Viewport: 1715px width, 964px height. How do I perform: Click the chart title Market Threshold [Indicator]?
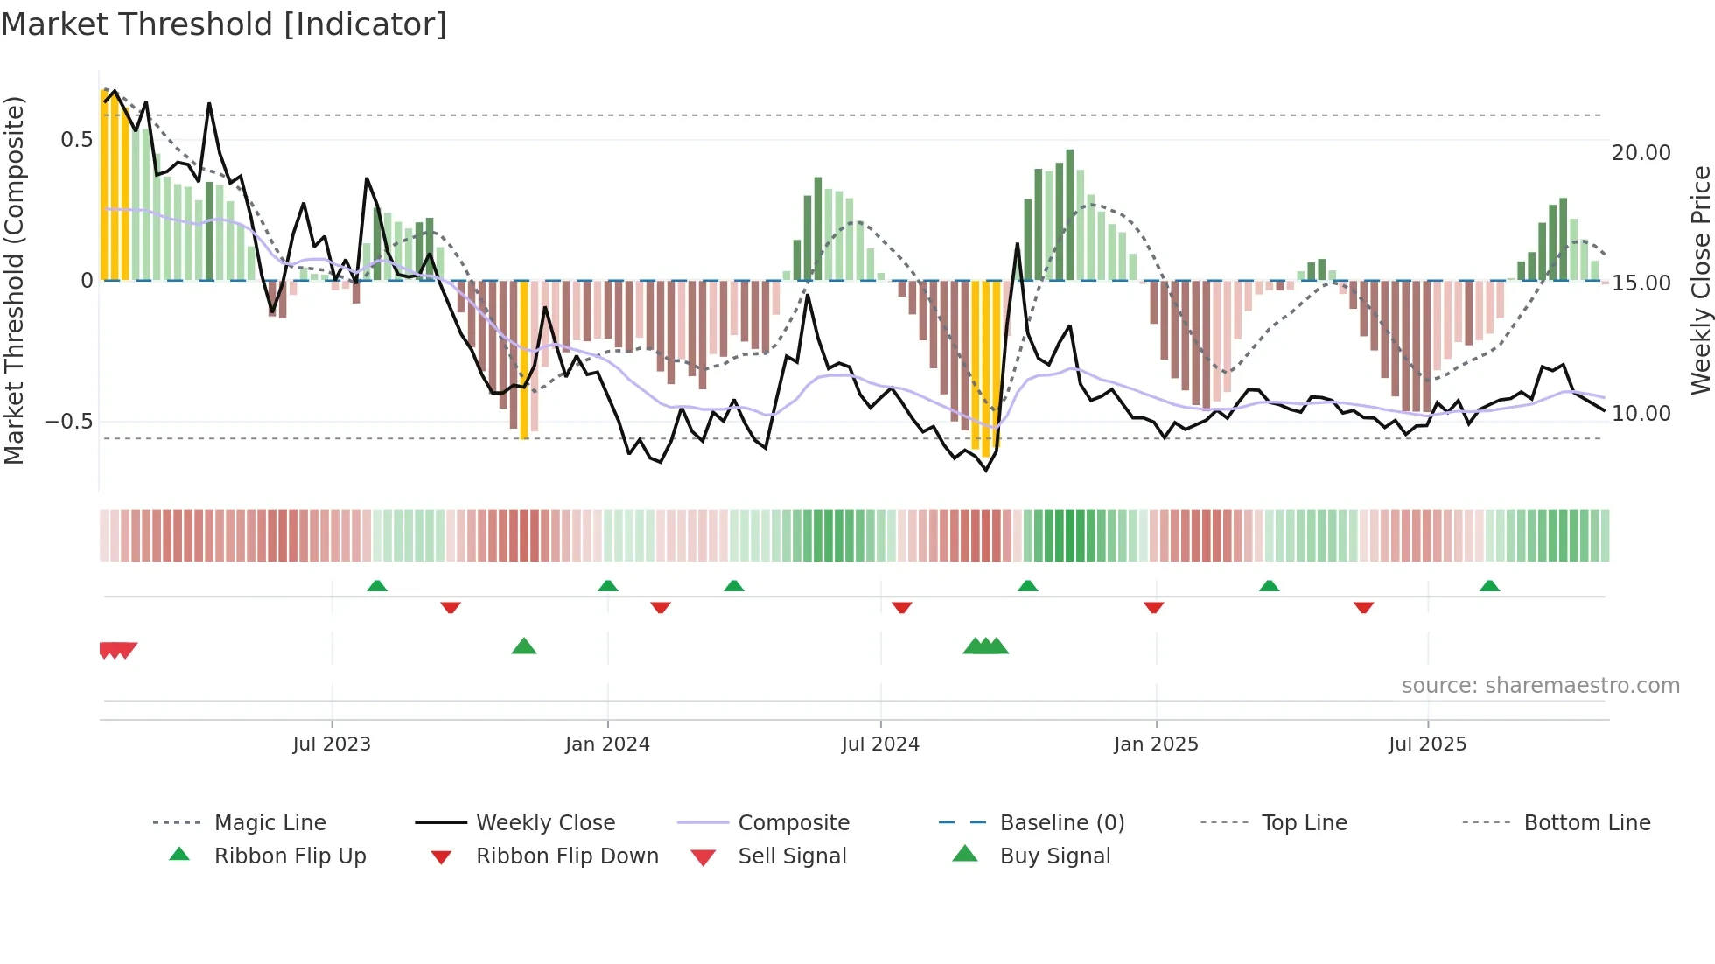click(x=224, y=24)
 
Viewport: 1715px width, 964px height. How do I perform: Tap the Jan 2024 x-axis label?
click(x=607, y=744)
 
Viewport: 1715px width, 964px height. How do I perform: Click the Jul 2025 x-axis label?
click(x=1427, y=744)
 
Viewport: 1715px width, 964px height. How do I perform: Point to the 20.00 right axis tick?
click(x=1641, y=153)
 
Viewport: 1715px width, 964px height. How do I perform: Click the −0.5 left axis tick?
click(x=69, y=422)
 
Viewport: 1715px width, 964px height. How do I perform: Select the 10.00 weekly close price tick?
click(x=1641, y=414)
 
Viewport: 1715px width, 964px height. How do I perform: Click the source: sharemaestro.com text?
click(x=1540, y=686)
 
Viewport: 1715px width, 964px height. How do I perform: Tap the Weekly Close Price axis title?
click(x=1700, y=280)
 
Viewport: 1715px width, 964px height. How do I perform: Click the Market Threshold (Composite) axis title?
click(x=14, y=280)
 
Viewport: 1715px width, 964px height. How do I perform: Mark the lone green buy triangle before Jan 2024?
click(x=524, y=646)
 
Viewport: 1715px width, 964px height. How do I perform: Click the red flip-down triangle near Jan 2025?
click(x=1153, y=607)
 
